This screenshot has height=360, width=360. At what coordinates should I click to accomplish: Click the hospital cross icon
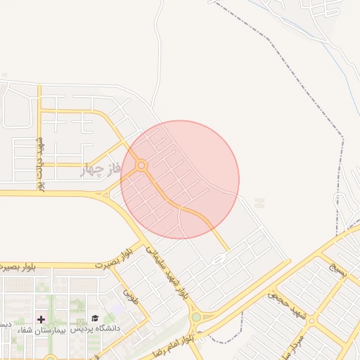(x=41, y=320)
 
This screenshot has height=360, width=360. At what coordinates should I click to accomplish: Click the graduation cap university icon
(x=94, y=319)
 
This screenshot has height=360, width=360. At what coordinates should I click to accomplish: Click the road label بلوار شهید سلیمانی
(x=166, y=270)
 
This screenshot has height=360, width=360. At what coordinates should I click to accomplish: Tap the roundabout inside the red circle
(x=141, y=166)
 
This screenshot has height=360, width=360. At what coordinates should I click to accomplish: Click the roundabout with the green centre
(x=195, y=318)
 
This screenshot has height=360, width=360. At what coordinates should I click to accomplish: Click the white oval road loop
(x=219, y=259)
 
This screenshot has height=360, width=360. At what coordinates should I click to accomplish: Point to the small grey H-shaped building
(x=259, y=202)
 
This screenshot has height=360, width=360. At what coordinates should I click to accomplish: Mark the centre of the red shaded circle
(x=180, y=180)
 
